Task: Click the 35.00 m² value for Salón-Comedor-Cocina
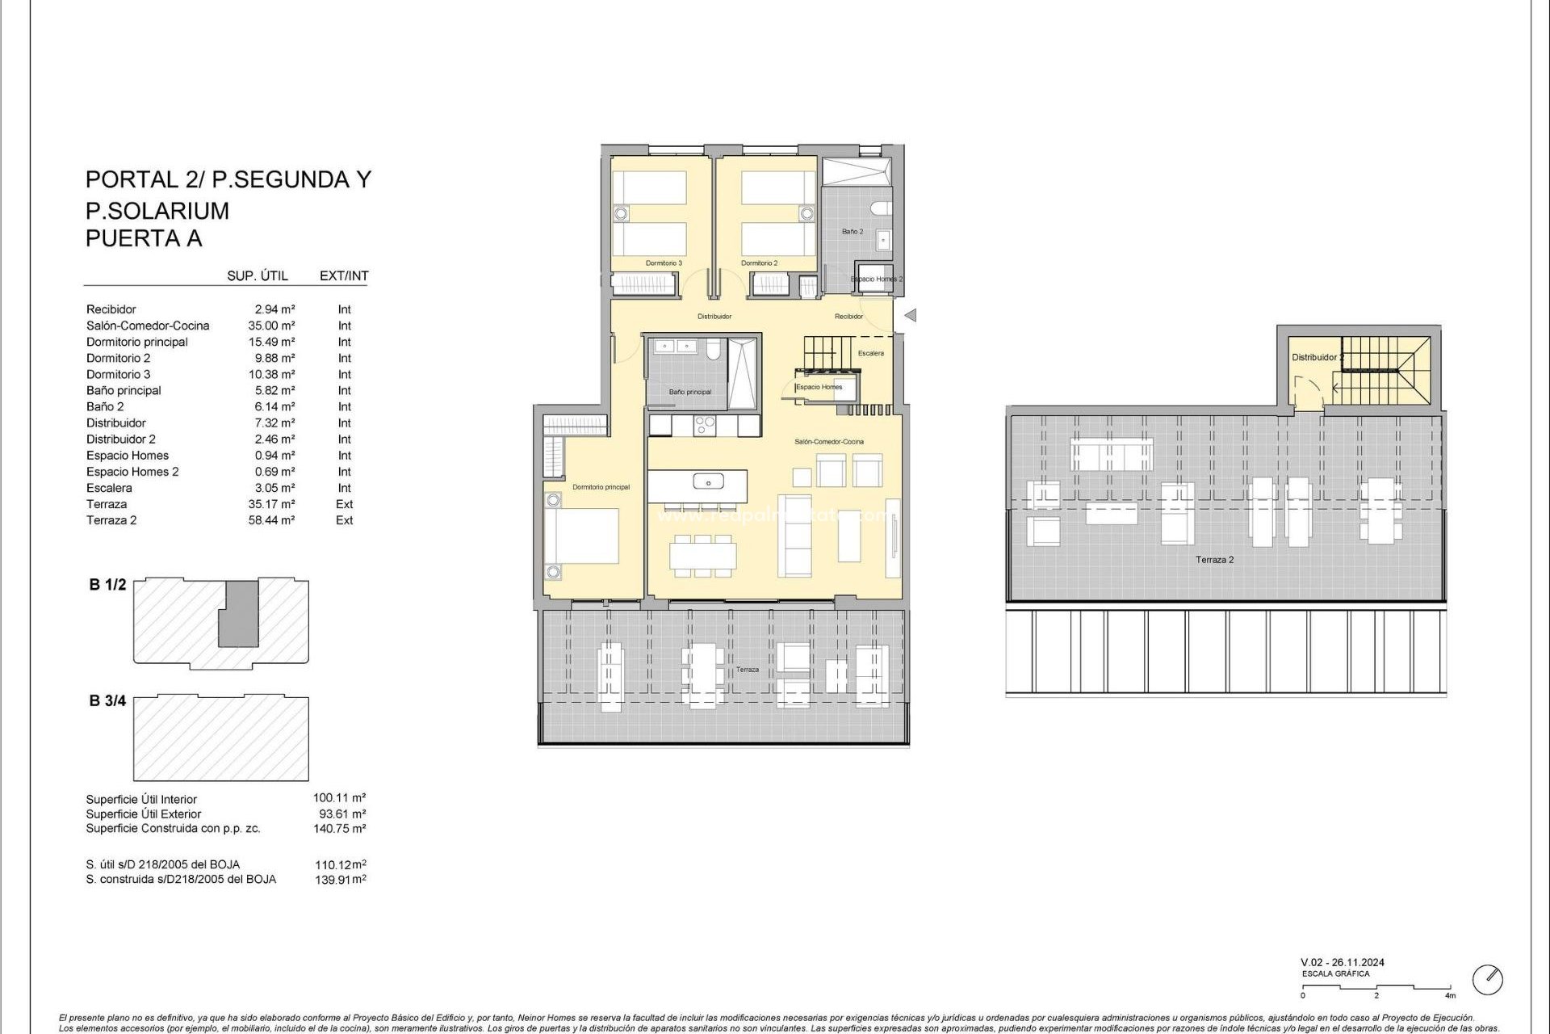pyautogui.click(x=271, y=326)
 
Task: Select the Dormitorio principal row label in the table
pyautogui.click(x=137, y=342)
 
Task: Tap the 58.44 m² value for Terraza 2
pyautogui.click(x=271, y=520)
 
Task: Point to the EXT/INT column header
pyautogui.click(x=344, y=275)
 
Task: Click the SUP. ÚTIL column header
pyautogui.click(x=258, y=275)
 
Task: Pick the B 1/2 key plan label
pyautogui.click(x=107, y=585)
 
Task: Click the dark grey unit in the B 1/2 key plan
pyautogui.click(x=240, y=614)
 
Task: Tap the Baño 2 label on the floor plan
pyautogui.click(x=852, y=232)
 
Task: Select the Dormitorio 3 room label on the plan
pyautogui.click(x=664, y=263)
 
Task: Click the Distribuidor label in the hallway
pyautogui.click(x=714, y=317)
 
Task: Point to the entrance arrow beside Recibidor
pyautogui.click(x=911, y=316)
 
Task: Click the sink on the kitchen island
pyautogui.click(x=708, y=482)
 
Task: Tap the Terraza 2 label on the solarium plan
pyautogui.click(x=1214, y=560)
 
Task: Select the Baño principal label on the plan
pyautogui.click(x=690, y=392)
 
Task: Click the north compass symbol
pyautogui.click(x=1487, y=980)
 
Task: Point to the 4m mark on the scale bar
pyautogui.click(x=1451, y=995)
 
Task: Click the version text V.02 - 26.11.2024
pyautogui.click(x=1343, y=962)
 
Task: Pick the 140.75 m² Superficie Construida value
pyautogui.click(x=339, y=829)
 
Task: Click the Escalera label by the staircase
pyautogui.click(x=871, y=353)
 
